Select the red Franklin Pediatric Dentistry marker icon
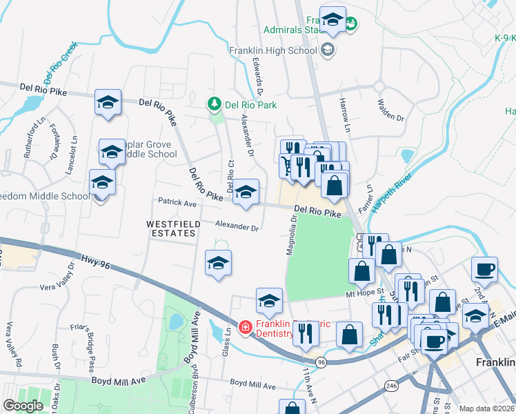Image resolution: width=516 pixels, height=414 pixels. (244, 327)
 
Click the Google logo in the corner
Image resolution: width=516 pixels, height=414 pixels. (23, 406)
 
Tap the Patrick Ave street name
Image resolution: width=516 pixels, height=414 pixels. (177, 204)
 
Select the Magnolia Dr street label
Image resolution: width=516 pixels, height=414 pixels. (292, 235)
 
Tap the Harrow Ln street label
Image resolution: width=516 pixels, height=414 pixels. (345, 110)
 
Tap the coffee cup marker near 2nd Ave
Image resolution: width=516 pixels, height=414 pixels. (484, 269)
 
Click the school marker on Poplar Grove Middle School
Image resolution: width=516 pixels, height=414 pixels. (111, 150)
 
